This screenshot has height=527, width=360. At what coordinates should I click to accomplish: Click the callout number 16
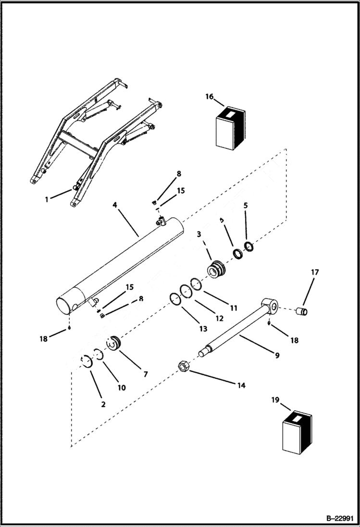[x=209, y=97]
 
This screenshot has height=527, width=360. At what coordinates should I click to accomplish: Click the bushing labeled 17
[x=302, y=312]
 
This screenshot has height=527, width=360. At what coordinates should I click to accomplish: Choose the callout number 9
[x=277, y=355]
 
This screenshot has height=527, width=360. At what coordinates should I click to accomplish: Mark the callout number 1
[x=47, y=199]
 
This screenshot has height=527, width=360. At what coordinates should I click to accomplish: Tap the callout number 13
[x=203, y=329]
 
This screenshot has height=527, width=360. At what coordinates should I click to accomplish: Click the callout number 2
[x=103, y=404]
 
